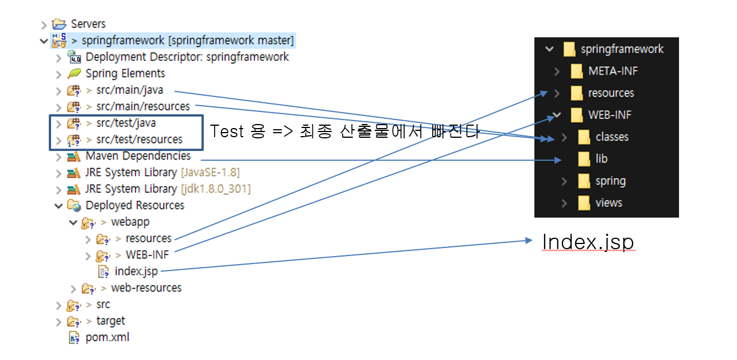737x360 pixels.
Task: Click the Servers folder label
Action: [88, 24]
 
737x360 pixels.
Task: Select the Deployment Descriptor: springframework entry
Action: [187, 57]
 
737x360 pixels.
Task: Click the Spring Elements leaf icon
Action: [74, 73]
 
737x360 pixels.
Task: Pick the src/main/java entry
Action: [129, 90]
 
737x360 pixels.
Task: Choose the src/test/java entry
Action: [126, 123]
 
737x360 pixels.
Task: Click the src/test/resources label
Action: [139, 140]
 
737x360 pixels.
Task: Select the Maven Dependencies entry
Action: [138, 156]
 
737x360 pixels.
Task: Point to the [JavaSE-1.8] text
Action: [210, 172]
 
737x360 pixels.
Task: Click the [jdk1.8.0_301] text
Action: [215, 189]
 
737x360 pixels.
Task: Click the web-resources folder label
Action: [146, 288]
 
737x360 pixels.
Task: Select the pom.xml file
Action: [107, 338]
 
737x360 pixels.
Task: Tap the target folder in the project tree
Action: [110, 321]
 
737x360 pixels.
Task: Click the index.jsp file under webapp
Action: [136, 271]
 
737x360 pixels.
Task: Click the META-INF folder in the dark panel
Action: [612, 71]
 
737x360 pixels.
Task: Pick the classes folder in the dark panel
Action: [611, 137]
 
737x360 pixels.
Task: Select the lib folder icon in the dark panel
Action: [584, 159]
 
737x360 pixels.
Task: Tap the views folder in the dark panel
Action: [608, 203]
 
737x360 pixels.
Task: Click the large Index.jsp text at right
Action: [588, 242]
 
